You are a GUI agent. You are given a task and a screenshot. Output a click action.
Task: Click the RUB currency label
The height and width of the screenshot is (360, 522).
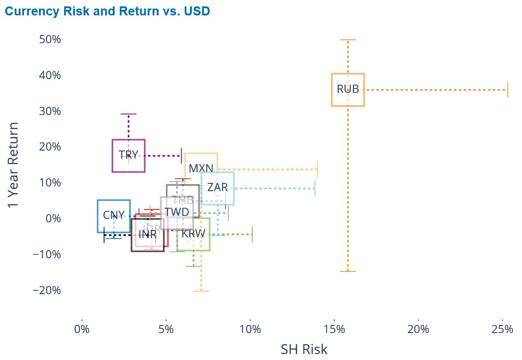[x=348, y=89]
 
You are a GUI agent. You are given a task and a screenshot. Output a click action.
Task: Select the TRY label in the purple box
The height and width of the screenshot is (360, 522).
[x=128, y=155]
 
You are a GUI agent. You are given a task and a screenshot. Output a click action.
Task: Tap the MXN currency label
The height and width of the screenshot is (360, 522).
[x=201, y=168]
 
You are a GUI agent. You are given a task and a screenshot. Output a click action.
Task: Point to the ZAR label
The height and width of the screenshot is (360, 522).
[x=218, y=187]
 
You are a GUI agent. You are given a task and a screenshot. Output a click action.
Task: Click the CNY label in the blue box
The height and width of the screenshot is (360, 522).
[x=114, y=215]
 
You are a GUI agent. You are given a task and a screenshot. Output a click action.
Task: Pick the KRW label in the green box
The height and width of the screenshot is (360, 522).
[x=193, y=233]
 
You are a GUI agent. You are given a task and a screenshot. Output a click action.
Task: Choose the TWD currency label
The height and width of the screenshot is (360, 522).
[x=177, y=212]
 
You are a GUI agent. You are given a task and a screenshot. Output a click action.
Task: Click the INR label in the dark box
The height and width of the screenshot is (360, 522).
[x=147, y=234]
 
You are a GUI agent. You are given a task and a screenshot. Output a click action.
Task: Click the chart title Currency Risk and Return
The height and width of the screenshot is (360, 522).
[x=107, y=11]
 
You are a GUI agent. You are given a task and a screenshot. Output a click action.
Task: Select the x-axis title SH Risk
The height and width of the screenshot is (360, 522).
[x=304, y=349]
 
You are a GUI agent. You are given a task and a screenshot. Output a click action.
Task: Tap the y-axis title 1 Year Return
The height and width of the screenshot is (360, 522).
[x=14, y=165]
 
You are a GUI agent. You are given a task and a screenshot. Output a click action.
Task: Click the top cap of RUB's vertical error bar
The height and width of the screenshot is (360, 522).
[x=348, y=40]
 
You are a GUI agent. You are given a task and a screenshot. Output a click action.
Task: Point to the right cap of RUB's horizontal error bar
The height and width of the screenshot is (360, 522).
[x=507, y=90]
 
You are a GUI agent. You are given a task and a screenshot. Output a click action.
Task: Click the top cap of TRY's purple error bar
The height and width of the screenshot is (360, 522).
[x=128, y=114]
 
